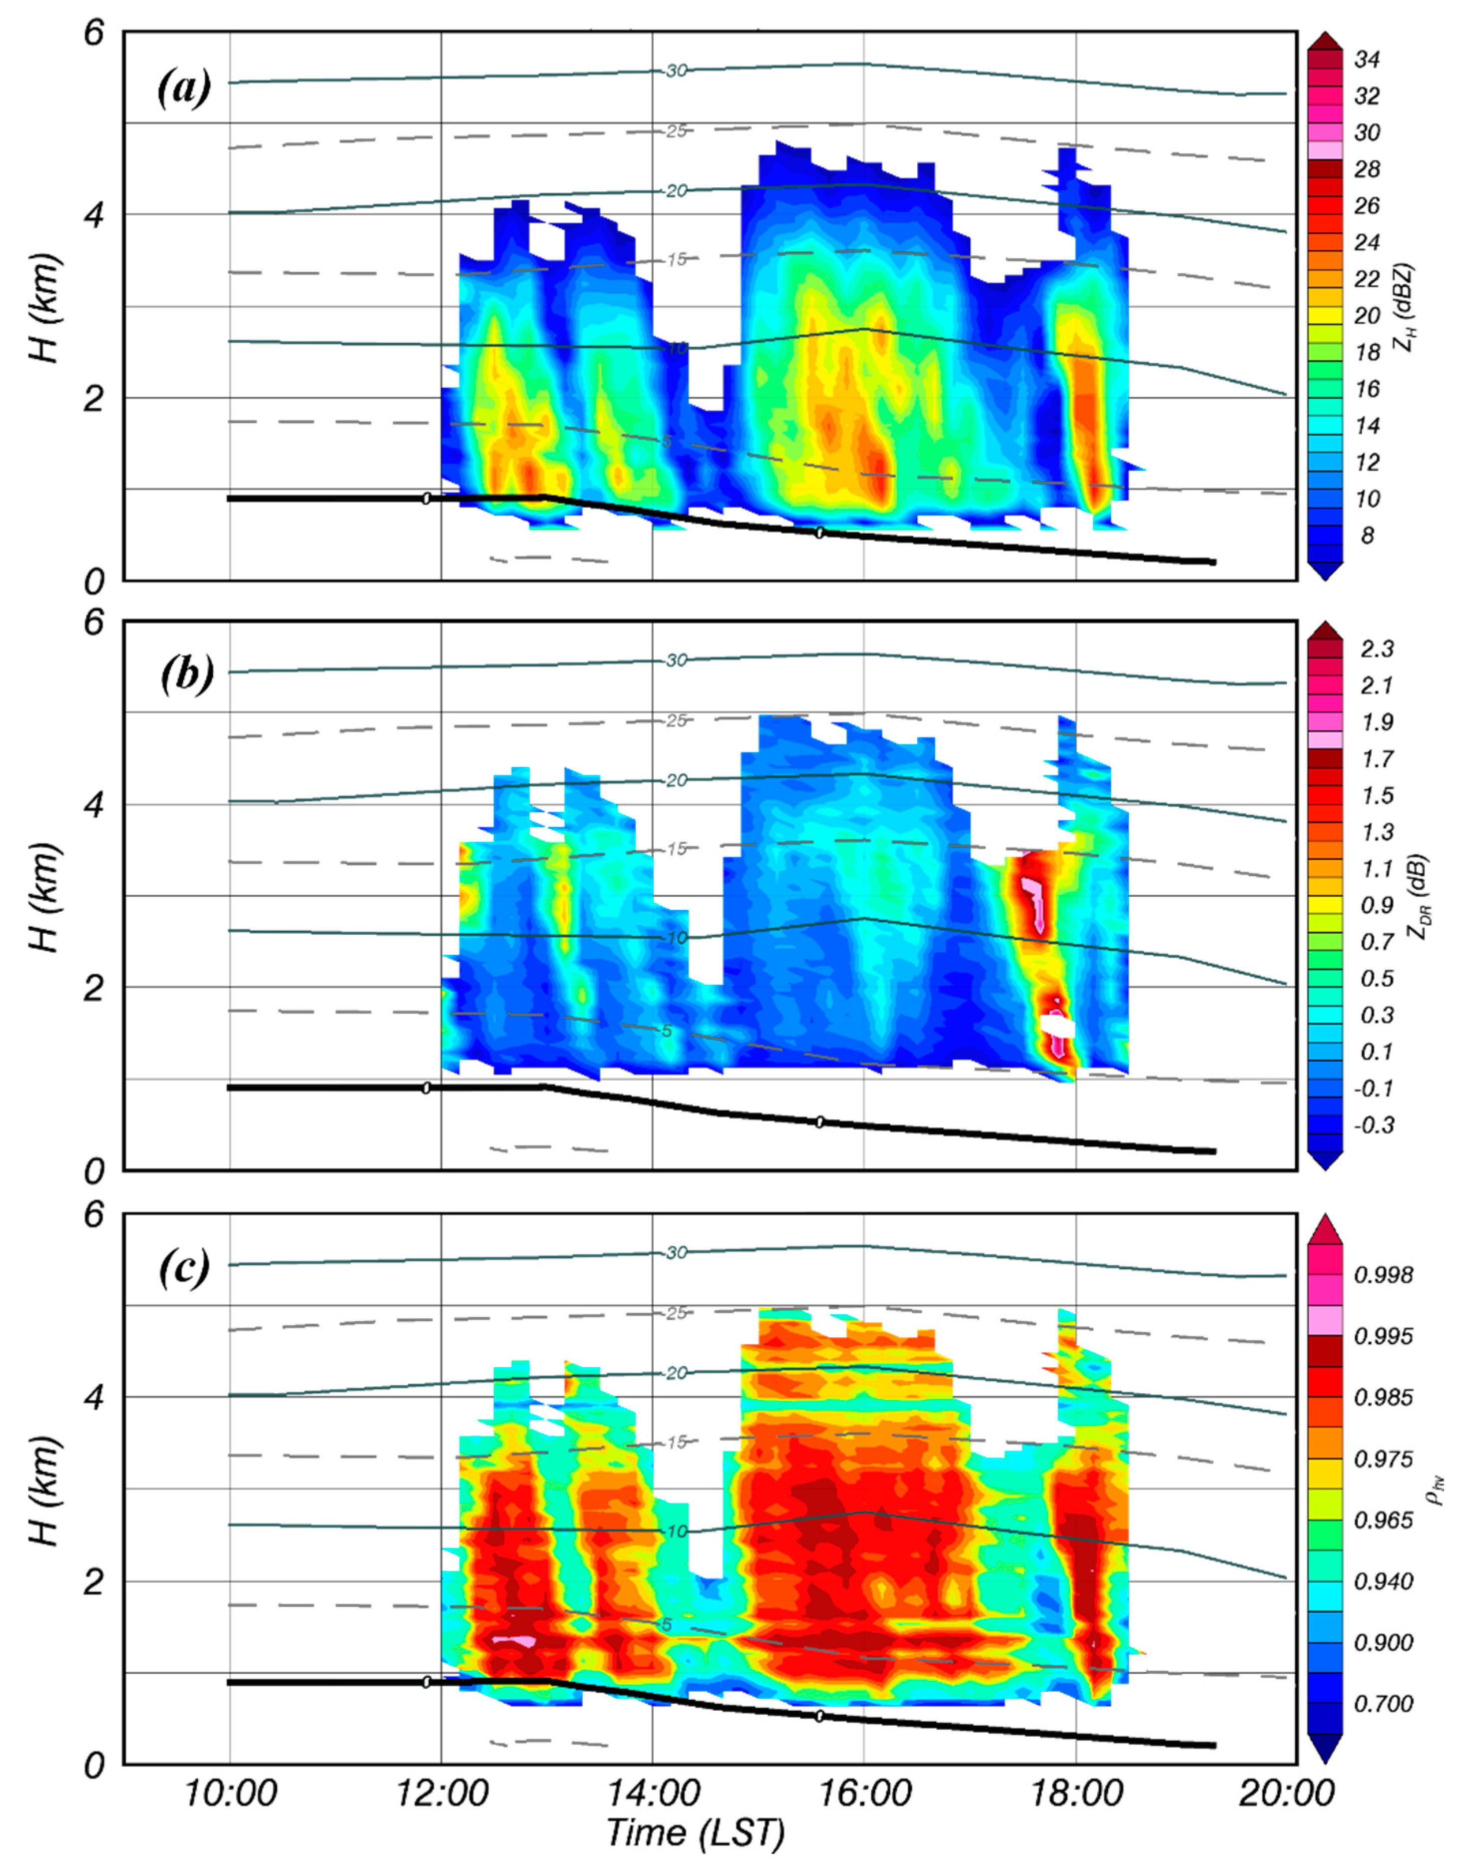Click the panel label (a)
(183, 89)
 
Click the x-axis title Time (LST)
(695, 1834)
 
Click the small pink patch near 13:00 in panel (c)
(515, 1641)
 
